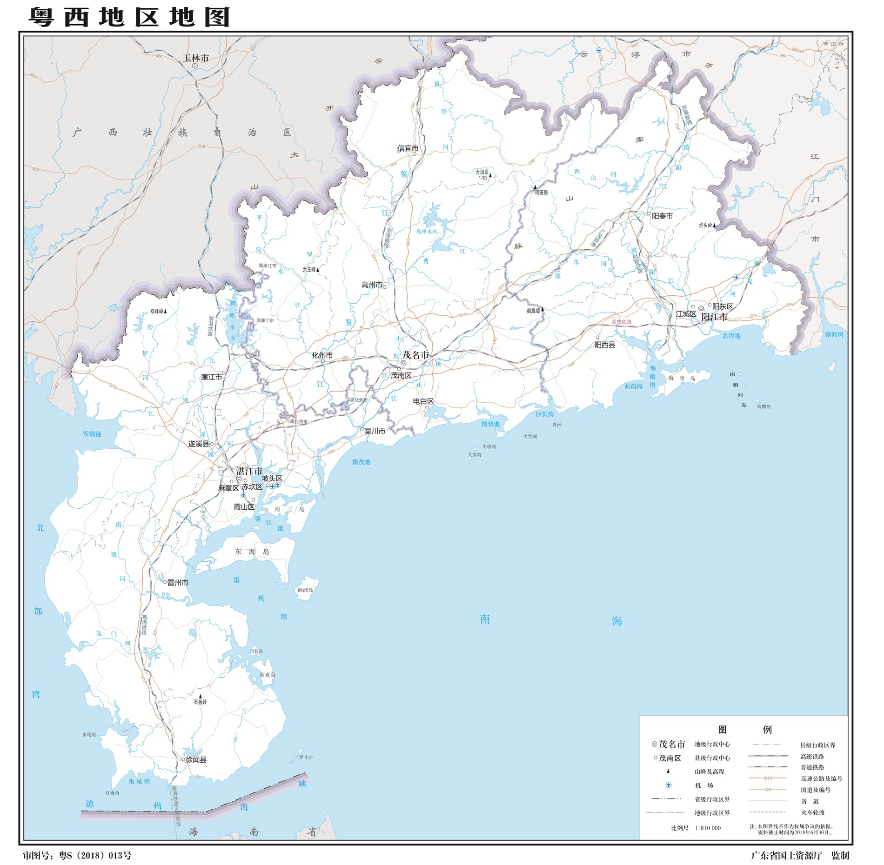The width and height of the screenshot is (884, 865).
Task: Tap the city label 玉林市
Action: coord(195,58)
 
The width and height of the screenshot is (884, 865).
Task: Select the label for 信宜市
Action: coord(408,148)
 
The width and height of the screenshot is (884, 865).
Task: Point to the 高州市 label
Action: coord(372,285)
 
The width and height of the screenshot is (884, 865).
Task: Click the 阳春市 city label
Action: coord(662,216)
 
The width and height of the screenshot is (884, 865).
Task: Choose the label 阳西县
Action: coord(605,345)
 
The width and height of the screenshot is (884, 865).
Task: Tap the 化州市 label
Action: coord(322,355)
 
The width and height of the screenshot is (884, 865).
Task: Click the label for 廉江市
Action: coord(211,377)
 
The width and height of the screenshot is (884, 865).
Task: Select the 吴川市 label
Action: coord(375,431)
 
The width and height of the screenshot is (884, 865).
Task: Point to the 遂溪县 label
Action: coord(199,444)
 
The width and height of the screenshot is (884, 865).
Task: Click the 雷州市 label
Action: coord(178,583)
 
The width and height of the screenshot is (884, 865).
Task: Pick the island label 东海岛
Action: coord(252,552)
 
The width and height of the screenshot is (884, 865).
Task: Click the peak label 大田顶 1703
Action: coord(482,175)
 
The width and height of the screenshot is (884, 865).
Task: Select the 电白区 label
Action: coord(423,401)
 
